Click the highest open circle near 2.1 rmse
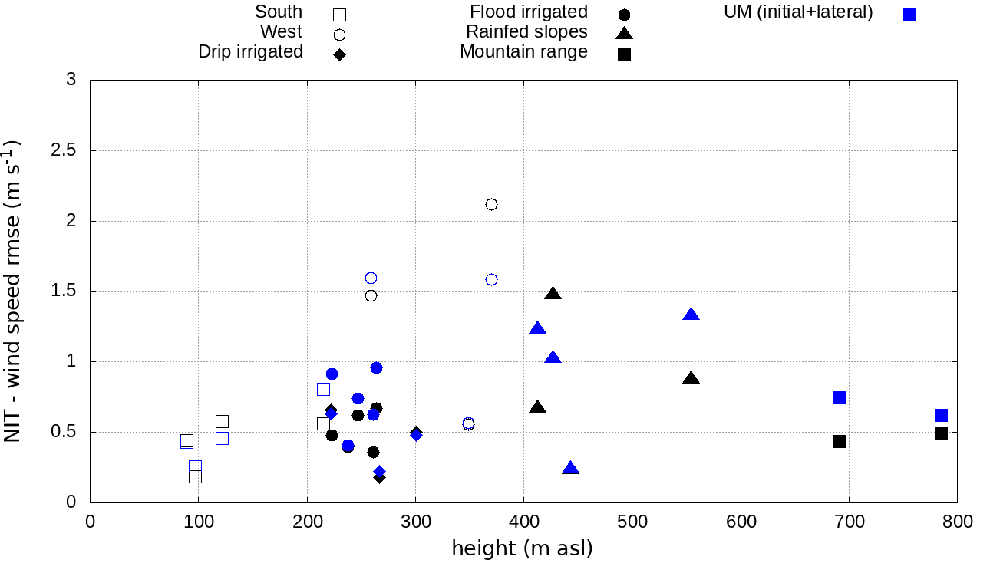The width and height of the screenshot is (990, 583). pyautogui.click(x=491, y=204)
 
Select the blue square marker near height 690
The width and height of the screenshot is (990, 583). pyautogui.click(x=839, y=397)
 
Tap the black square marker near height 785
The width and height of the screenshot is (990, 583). pyautogui.click(x=941, y=433)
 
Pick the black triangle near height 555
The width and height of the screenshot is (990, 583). pyautogui.click(x=691, y=378)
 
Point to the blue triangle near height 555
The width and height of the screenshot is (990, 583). pyautogui.click(x=691, y=315)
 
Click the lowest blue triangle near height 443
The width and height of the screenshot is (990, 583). pyautogui.click(x=570, y=469)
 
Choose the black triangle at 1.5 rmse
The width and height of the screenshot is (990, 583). pyautogui.click(x=553, y=294)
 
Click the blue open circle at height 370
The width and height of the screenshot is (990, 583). pyautogui.click(x=491, y=279)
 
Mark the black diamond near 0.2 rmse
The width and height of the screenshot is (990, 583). pyautogui.click(x=379, y=477)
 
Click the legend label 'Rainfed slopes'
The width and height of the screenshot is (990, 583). pyautogui.click(x=526, y=32)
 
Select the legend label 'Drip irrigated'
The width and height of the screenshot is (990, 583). pyautogui.click(x=250, y=52)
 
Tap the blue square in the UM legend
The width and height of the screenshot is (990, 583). pyautogui.click(x=909, y=15)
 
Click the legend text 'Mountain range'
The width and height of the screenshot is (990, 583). pyautogui.click(x=523, y=52)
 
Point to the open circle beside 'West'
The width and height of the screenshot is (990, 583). pyautogui.click(x=339, y=35)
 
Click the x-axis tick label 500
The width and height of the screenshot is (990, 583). pyautogui.click(x=632, y=522)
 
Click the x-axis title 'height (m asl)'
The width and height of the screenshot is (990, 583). pyautogui.click(x=522, y=549)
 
